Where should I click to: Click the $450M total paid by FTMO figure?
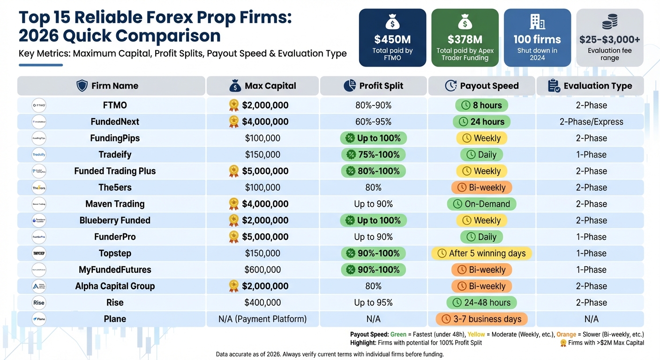[392, 39]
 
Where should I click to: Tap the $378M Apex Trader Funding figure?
[465, 39]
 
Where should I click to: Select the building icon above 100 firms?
[537, 22]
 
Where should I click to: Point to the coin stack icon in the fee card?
[609, 22]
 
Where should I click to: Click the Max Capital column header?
[262, 86]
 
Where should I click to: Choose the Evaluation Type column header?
[590, 86]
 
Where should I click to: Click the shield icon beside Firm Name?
[82, 86]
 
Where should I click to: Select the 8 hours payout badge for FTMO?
[481, 105]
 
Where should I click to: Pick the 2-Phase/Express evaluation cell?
[591, 122]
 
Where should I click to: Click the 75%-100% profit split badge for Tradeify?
[373, 155]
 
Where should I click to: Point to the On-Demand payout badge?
[481, 204]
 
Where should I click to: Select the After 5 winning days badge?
[481, 254]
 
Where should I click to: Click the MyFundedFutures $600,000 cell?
[262, 270]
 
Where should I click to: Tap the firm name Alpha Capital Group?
[115, 286]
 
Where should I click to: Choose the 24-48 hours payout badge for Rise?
[481, 303]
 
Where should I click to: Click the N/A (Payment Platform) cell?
[262, 319]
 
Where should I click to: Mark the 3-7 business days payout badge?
[481, 319]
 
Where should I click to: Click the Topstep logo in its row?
[39, 254]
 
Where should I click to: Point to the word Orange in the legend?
[566, 334]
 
